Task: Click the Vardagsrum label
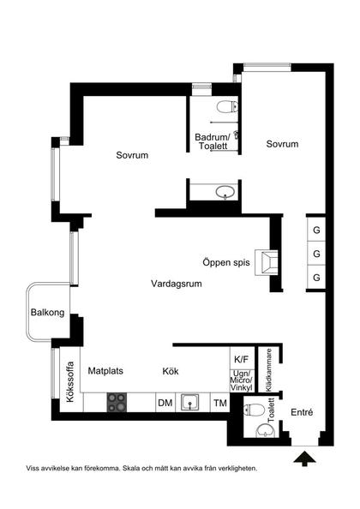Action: click(177, 284)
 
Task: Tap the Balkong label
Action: click(47, 312)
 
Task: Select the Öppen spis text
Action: click(226, 262)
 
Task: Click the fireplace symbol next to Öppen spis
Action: click(267, 262)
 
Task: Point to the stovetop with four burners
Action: click(117, 403)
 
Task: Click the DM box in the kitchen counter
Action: click(165, 403)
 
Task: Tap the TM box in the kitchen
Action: click(220, 403)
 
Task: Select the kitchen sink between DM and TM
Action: click(190, 403)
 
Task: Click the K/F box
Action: click(241, 359)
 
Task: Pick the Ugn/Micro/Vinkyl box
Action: click(241, 380)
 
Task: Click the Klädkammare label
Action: click(268, 370)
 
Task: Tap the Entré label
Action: click(302, 412)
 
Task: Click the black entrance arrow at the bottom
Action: click(304, 458)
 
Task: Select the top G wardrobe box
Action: click(316, 231)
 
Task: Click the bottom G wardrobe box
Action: click(316, 278)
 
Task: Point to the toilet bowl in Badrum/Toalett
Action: click(227, 107)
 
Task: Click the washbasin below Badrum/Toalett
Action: click(225, 192)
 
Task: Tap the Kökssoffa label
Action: click(70, 382)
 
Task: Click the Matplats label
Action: click(105, 371)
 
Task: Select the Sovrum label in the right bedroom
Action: click(282, 144)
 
